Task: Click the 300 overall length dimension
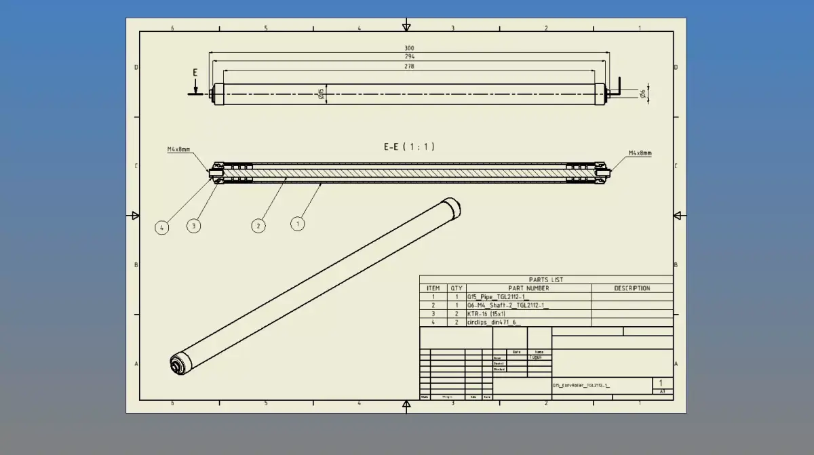coord(409,48)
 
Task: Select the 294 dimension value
coord(409,58)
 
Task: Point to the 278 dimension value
coord(409,66)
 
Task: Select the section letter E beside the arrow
coord(195,73)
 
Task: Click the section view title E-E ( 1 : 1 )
coord(409,146)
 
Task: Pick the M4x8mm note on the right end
coord(639,153)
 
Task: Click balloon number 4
coord(161,227)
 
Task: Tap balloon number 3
coord(194,226)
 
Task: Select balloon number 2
coord(258,226)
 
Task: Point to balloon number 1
coord(297,222)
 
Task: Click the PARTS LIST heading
coord(545,279)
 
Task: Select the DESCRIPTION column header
coord(632,288)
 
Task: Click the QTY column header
coord(457,288)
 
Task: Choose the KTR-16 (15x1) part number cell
coord(486,314)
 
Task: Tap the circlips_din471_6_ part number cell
coord(494,323)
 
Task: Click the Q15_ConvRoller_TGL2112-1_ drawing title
coord(581,385)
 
